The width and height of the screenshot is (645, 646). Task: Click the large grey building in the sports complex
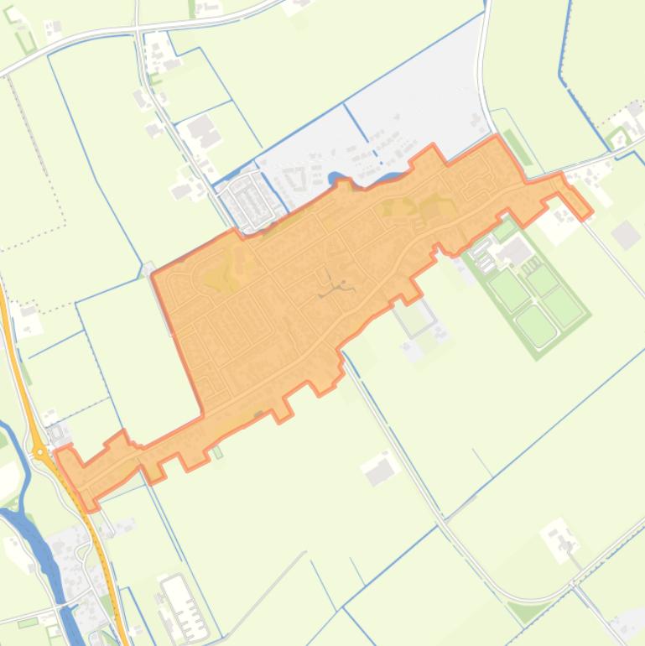pos(516,251)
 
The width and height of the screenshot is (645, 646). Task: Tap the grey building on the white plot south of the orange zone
pos(381,472)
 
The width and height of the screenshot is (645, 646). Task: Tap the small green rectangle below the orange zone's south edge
pos(217,452)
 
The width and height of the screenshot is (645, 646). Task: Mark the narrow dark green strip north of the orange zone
pos(518,147)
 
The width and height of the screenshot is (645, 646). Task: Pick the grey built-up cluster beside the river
pos(71,550)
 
